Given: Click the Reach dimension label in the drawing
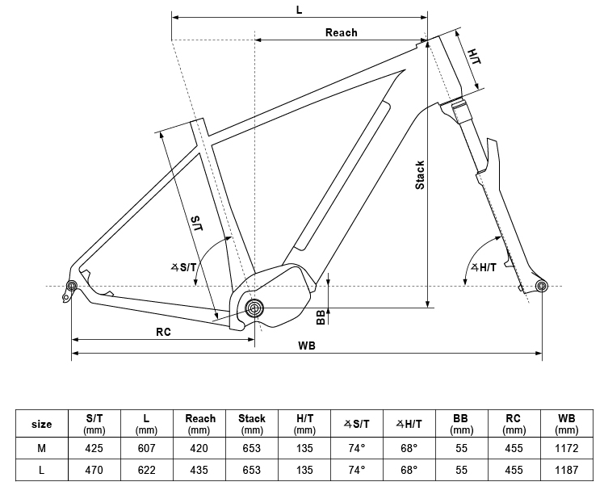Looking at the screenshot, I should click(341, 32).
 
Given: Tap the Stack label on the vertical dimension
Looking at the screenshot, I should click(420, 175).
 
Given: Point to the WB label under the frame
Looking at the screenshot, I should click(307, 346).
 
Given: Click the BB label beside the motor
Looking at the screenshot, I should click(321, 316).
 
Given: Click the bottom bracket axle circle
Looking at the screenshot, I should click(255, 308).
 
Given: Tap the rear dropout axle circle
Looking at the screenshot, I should click(72, 286).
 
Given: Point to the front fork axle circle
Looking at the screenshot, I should click(541, 286).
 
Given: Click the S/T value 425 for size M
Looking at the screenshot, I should click(94, 448).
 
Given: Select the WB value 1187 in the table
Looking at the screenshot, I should click(566, 469).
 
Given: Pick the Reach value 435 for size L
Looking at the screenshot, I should click(199, 469).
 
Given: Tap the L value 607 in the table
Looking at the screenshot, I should click(146, 448).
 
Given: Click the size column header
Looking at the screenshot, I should click(41, 424).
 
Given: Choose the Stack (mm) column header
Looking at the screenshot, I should click(252, 424).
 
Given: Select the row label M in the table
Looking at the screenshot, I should click(41, 448).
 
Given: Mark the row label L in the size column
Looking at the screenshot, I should click(41, 469).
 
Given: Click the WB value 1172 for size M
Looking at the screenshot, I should click(566, 448).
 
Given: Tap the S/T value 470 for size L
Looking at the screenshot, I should click(94, 469).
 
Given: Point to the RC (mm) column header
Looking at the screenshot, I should click(513, 424).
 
